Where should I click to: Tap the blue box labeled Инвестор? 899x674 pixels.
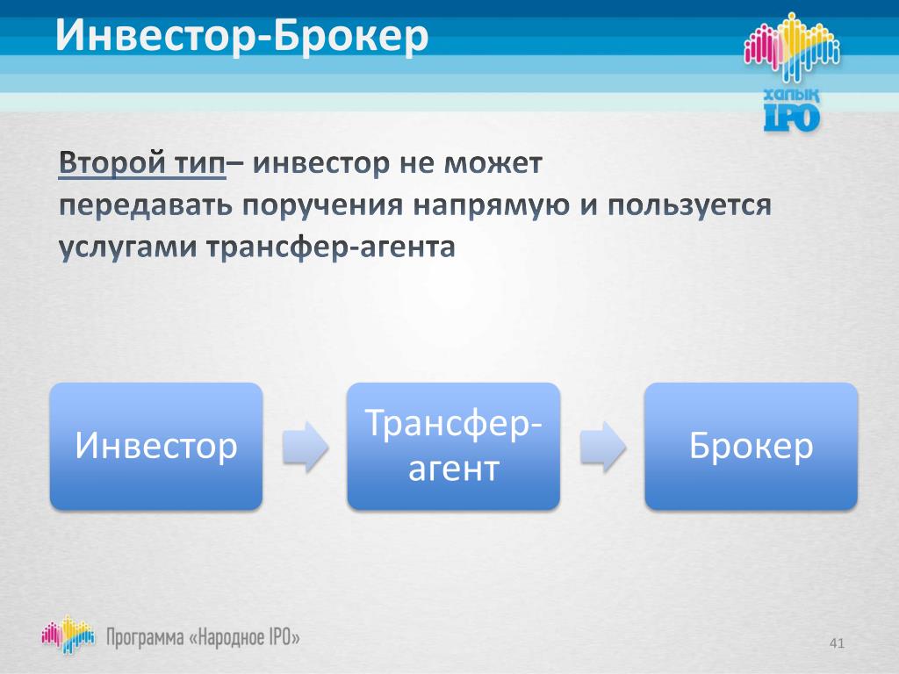(x=156, y=446)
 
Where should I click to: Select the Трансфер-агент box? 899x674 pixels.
(x=454, y=446)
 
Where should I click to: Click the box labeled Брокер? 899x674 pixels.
(x=752, y=446)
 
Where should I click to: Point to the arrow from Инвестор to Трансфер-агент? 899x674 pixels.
(x=305, y=447)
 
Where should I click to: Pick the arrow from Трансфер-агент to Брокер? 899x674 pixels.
(x=602, y=447)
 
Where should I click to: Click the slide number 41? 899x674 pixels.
(x=837, y=643)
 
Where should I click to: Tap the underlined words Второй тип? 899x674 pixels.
(x=142, y=163)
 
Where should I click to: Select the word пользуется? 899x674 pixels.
(x=689, y=205)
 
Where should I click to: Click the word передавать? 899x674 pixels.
(x=146, y=205)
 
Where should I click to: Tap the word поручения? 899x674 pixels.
(x=322, y=205)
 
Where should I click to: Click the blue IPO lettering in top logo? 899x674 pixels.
(x=792, y=118)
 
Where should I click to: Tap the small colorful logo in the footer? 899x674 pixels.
(x=68, y=635)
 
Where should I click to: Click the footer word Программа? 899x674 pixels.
(x=145, y=638)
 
